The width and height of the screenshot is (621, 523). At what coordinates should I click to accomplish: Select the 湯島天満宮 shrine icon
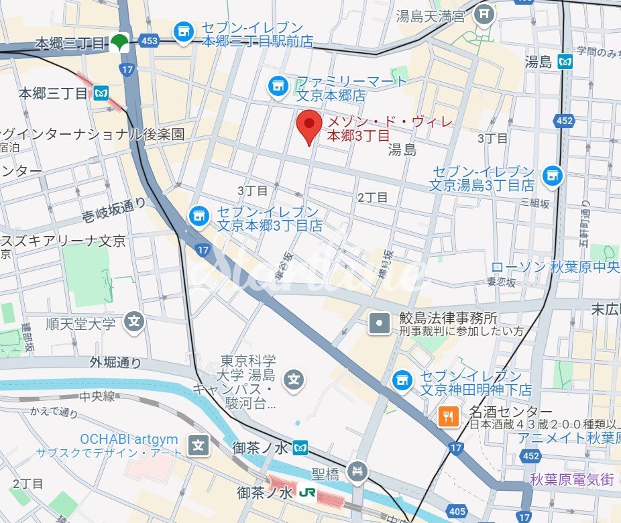point(484,13)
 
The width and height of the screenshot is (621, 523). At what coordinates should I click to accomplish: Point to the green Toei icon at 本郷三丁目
point(120,43)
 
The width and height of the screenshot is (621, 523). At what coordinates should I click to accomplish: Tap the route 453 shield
point(151,42)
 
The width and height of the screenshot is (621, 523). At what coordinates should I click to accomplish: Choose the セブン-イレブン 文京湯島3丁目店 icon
point(553,176)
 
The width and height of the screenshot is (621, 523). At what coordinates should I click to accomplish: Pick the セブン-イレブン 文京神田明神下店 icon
point(402,380)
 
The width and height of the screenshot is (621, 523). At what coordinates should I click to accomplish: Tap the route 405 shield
point(457,512)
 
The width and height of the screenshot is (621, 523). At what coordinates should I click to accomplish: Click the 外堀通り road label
point(116,363)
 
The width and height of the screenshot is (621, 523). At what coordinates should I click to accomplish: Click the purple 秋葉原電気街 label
point(571,479)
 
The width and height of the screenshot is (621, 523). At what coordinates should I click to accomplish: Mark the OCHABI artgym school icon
point(198,445)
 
